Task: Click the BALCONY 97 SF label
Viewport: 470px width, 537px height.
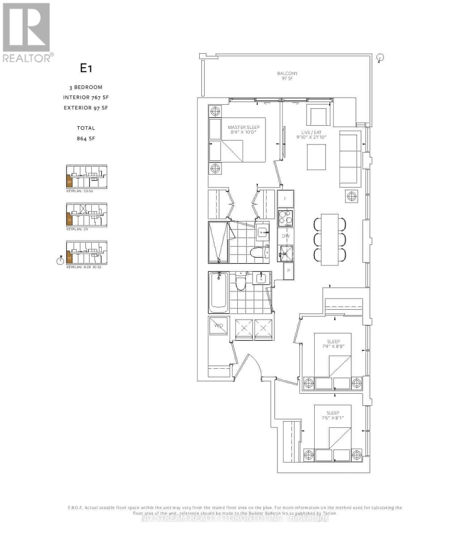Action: tap(287, 76)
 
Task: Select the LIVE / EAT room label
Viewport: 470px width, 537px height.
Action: tap(311, 135)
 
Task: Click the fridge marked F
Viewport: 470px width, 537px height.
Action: tap(286, 199)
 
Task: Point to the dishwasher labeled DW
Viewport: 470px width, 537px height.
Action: tap(285, 235)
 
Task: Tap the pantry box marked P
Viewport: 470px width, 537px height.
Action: tap(288, 271)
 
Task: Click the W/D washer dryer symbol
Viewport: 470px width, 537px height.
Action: tap(218, 326)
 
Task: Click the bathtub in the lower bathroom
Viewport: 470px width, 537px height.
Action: tap(218, 291)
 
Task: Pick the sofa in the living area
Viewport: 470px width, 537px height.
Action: tap(350, 158)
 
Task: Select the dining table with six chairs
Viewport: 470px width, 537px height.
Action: tap(329, 238)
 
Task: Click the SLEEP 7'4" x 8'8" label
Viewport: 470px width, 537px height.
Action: tap(333, 344)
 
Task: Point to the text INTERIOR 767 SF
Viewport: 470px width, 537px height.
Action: tap(86, 97)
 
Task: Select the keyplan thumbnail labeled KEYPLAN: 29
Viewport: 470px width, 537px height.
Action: tap(86, 215)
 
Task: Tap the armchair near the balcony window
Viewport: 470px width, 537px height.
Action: tap(318, 115)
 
